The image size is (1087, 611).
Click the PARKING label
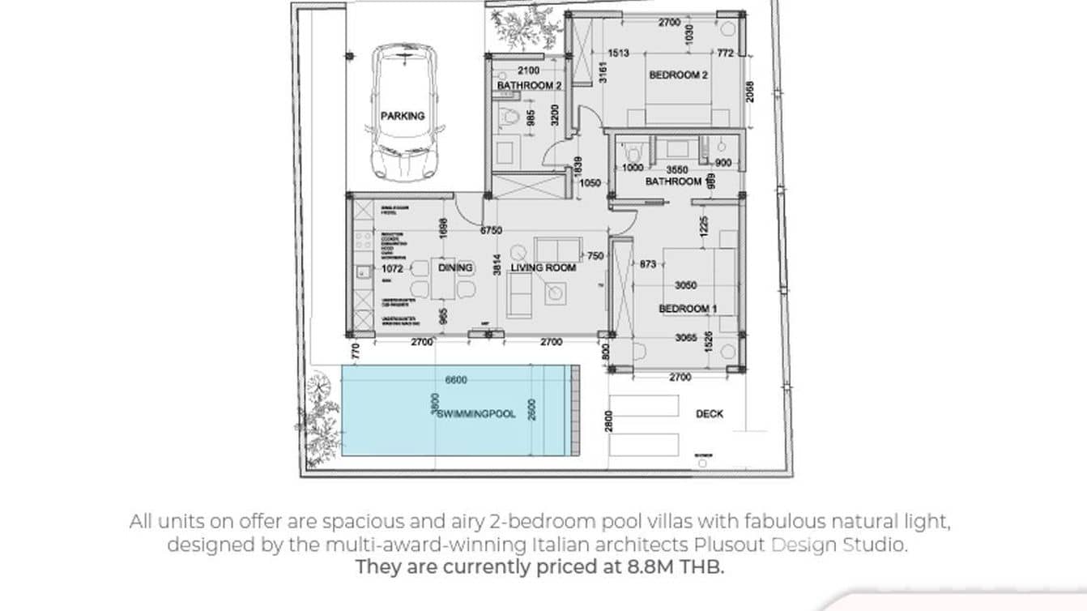pyautogui.click(x=403, y=116)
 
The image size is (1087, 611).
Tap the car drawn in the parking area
pyautogui.click(x=403, y=113)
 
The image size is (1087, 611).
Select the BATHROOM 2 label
pyautogui.click(x=530, y=86)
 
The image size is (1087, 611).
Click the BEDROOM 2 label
pyautogui.click(x=679, y=75)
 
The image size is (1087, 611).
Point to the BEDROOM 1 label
pyautogui.click(x=688, y=309)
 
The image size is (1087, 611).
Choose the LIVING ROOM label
pyautogui.click(x=543, y=268)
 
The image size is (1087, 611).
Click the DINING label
pyautogui.click(x=455, y=267)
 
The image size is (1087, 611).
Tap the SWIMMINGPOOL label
pyautogui.click(x=476, y=414)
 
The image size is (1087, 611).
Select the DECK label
pyautogui.click(x=710, y=414)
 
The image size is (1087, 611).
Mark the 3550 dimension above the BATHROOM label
pyautogui.click(x=677, y=170)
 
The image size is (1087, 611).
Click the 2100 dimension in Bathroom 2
pyautogui.click(x=528, y=71)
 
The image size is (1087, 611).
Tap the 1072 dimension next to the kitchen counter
pyautogui.click(x=392, y=267)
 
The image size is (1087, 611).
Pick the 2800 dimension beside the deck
pyautogui.click(x=609, y=421)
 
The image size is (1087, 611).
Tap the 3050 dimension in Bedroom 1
pyautogui.click(x=685, y=286)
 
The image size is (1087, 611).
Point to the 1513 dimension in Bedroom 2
pyautogui.click(x=618, y=53)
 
